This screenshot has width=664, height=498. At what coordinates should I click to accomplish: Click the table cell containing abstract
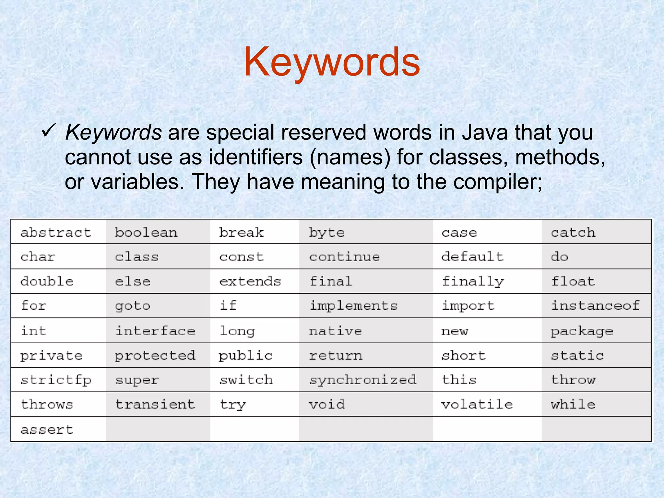click(56, 232)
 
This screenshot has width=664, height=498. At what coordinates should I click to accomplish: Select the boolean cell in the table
click(146, 232)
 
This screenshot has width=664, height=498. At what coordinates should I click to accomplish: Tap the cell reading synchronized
click(363, 380)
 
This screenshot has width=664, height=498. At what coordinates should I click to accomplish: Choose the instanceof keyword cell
click(595, 306)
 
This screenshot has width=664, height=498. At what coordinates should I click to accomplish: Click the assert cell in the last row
click(47, 429)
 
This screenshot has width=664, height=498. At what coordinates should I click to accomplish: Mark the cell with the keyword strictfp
click(56, 380)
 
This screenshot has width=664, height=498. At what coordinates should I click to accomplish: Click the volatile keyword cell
click(477, 404)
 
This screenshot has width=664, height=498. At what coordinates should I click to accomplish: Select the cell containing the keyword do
click(560, 257)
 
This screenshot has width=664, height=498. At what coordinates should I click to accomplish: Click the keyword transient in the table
click(155, 404)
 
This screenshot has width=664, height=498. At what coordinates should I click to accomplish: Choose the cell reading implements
click(354, 306)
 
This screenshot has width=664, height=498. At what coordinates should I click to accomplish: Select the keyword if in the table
click(228, 306)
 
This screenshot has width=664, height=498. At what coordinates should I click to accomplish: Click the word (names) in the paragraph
click(350, 157)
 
